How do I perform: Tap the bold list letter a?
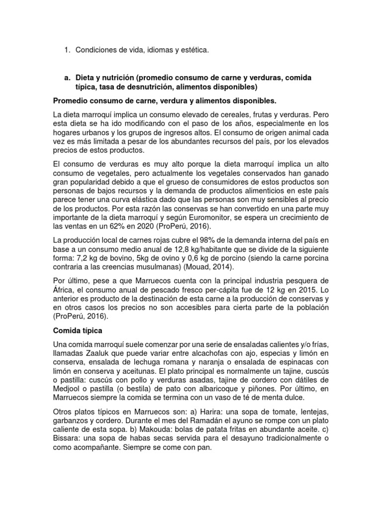coord(67,78)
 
